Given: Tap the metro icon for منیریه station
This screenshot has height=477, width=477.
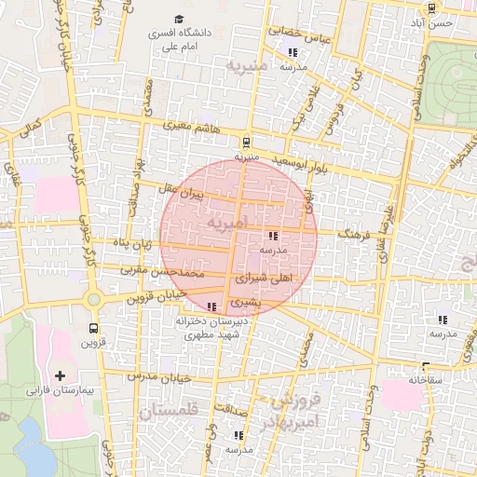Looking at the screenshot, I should (246, 143).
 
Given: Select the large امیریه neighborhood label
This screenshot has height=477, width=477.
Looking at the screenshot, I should (228, 224).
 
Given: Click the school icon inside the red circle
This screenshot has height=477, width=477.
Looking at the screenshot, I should (272, 237).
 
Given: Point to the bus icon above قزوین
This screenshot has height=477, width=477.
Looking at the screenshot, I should (93, 328).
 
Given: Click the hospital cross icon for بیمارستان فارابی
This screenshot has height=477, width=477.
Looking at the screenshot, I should (61, 375).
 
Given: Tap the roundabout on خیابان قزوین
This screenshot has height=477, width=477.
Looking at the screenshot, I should (93, 299).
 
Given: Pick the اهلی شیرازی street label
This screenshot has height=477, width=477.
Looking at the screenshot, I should (266, 278).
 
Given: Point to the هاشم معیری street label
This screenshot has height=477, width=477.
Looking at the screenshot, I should (193, 125).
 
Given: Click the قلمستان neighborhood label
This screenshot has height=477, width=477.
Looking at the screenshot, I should (169, 411).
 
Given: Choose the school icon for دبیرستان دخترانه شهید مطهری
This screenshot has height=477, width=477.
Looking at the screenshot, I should (212, 306).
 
